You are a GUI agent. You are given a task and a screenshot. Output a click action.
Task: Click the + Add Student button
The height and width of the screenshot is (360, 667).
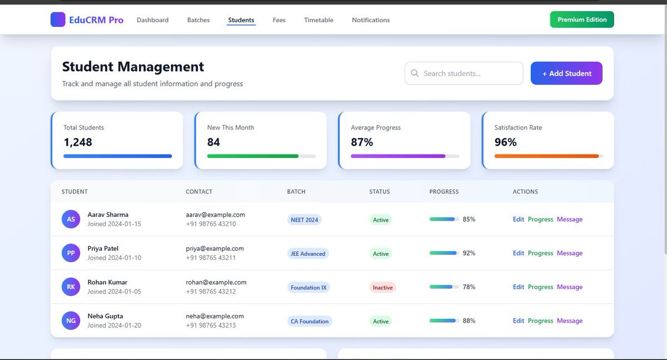(566, 73)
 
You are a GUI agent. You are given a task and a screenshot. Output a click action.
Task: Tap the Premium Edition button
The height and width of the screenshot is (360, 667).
(582, 19)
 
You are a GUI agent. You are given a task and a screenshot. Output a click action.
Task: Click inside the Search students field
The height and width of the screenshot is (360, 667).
(467, 73)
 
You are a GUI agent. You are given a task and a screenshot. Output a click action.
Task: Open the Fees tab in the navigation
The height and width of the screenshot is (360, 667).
(279, 20)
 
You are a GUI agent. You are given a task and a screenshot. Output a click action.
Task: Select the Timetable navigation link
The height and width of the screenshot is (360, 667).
(318, 20)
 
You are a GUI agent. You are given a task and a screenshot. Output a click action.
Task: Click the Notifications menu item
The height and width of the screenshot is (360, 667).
(371, 20)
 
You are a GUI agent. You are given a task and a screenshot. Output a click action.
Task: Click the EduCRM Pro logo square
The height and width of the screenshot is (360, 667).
(58, 19)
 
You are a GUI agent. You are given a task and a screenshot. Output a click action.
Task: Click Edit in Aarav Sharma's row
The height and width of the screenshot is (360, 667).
(518, 219)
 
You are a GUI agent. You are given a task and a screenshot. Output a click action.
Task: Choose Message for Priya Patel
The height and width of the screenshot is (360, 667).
(570, 253)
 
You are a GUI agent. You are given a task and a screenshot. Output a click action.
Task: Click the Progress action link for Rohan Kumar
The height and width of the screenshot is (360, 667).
(540, 287)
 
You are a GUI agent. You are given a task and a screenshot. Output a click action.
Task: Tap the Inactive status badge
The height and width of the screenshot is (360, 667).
(382, 287)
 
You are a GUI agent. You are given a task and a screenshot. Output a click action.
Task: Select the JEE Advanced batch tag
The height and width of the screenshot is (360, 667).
(308, 253)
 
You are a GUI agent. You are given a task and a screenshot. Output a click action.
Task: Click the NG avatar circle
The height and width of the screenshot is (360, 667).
(71, 321)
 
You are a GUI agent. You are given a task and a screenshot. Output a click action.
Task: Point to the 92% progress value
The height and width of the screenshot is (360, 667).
(469, 253)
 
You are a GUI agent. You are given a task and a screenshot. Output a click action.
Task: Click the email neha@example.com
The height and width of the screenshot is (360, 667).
(215, 316)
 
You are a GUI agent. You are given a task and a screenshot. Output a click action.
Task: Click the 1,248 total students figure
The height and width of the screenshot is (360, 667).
(78, 142)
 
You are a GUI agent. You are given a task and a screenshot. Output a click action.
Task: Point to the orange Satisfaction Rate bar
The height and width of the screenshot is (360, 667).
(547, 156)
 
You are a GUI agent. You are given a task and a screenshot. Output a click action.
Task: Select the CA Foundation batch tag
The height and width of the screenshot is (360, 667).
(310, 321)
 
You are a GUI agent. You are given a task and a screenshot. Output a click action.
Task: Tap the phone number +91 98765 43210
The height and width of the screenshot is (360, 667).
(211, 224)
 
